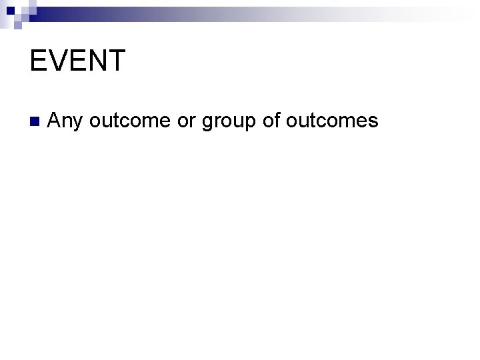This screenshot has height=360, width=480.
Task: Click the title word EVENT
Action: [x=77, y=61]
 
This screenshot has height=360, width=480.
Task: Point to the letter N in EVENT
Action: [x=97, y=61]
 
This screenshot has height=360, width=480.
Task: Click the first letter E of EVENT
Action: [x=39, y=61]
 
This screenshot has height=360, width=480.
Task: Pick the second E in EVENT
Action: [x=77, y=61]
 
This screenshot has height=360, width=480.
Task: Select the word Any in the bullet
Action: [x=65, y=121]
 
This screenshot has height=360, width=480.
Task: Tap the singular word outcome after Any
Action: [x=130, y=121]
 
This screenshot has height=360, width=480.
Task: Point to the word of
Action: [x=270, y=121]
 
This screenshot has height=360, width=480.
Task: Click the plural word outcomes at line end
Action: [x=331, y=121]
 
